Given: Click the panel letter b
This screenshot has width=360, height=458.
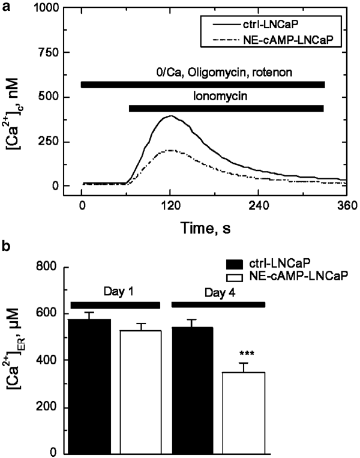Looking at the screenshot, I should (x=6, y=246).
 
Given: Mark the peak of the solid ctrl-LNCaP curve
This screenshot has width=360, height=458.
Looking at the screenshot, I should (x=170, y=116).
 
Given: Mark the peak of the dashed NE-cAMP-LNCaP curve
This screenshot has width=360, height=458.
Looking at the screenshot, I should (x=170, y=150).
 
